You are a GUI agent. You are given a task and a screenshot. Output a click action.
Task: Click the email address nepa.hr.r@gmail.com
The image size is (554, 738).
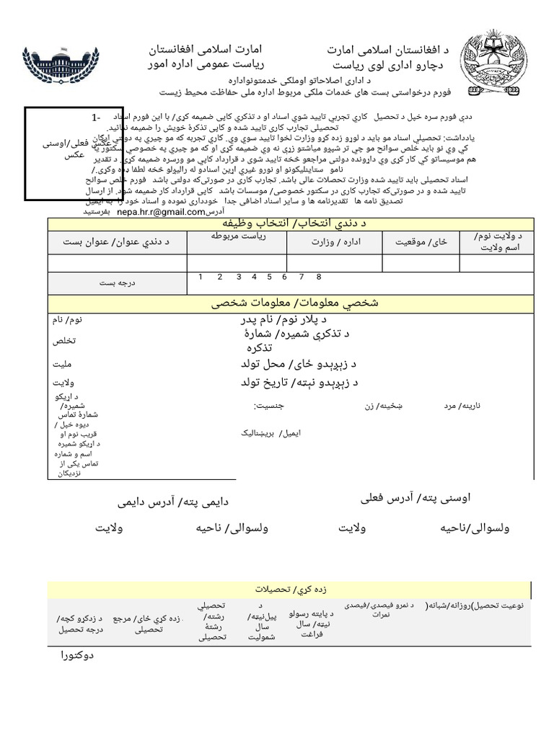(161, 212)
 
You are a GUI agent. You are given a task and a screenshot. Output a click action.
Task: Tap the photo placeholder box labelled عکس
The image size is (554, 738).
(61, 153)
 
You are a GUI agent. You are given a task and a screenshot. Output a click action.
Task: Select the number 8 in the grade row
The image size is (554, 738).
(318, 277)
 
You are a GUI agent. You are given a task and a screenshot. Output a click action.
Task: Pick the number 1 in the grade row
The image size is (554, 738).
(201, 277)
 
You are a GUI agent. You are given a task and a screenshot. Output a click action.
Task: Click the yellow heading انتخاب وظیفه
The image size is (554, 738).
(291, 224)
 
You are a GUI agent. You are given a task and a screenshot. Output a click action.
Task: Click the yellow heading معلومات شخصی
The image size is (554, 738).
(291, 303)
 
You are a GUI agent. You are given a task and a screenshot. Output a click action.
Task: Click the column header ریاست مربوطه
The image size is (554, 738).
(238, 236)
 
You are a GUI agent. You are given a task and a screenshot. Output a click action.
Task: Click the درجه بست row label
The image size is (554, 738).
(118, 283)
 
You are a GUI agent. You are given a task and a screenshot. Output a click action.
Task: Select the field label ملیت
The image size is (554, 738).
(64, 365)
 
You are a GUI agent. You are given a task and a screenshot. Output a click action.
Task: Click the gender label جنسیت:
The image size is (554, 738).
(269, 406)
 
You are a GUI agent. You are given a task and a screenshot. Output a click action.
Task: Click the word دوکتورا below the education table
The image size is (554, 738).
(75, 656)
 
